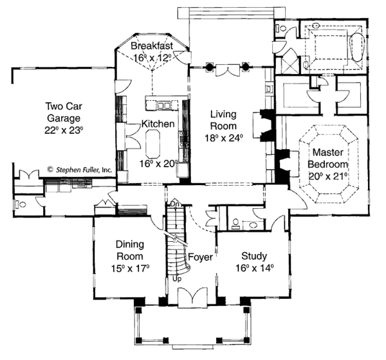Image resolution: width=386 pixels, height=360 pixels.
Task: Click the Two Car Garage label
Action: [x=62, y=112]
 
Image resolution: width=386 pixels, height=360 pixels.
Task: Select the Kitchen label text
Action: [x=158, y=126]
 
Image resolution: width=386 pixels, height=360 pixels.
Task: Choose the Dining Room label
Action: [x=134, y=249]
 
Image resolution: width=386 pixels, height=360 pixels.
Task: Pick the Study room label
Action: [x=254, y=255]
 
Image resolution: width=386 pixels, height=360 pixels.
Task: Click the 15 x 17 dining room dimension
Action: [x=134, y=268]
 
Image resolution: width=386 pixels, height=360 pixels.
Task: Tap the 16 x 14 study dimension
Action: [x=254, y=268]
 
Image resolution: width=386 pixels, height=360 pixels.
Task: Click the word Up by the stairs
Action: [x=177, y=280]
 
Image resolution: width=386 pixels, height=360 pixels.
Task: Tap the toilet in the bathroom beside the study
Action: [x=236, y=224]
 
